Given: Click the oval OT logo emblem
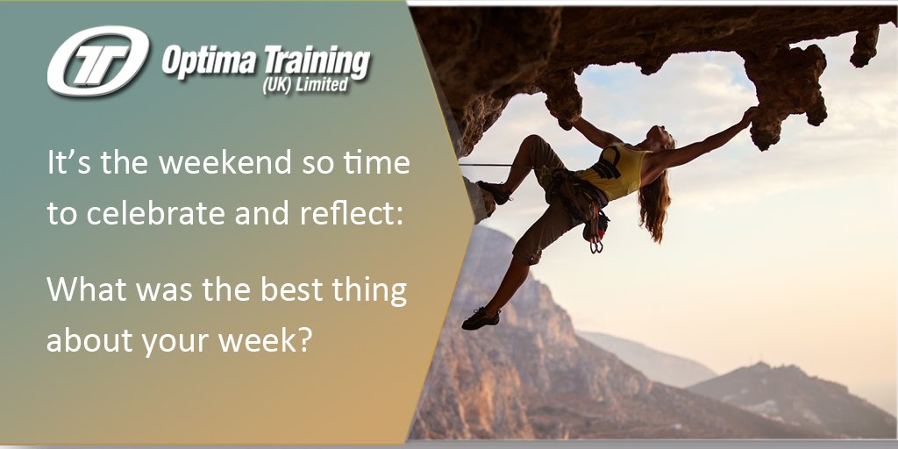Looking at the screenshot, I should [97, 61].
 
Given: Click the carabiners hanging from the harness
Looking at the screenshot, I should [596, 239].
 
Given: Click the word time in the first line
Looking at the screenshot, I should [379, 164].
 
